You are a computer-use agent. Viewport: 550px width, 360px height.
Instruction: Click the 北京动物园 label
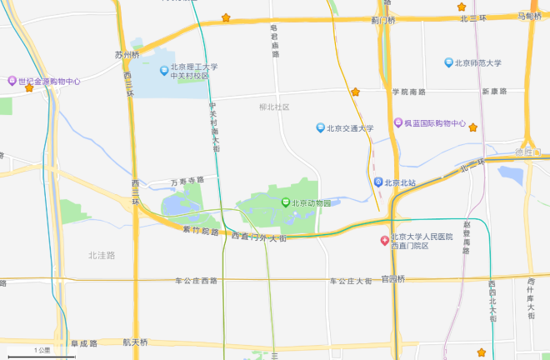click(311, 202)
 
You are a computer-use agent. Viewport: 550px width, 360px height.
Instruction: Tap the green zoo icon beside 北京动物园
click(285, 202)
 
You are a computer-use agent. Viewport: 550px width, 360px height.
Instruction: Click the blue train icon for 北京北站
click(378, 182)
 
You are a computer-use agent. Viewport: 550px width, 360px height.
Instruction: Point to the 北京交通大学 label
click(350, 128)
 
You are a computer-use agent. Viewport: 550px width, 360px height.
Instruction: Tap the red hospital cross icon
click(384, 241)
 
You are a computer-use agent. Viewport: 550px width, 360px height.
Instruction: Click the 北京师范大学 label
click(477, 62)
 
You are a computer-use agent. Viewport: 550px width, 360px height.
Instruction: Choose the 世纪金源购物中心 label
click(49, 81)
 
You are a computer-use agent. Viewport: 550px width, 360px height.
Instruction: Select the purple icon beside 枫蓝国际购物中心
click(399, 123)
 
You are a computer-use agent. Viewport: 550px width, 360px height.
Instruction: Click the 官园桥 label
click(392, 278)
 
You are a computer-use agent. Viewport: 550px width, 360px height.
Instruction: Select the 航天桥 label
click(134, 342)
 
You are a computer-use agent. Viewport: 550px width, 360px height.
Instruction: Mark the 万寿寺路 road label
click(187, 180)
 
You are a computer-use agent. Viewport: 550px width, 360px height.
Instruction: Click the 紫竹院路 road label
click(201, 231)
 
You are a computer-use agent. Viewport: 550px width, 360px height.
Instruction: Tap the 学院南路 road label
click(409, 92)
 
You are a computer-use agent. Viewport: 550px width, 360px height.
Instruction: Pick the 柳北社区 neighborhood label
click(274, 107)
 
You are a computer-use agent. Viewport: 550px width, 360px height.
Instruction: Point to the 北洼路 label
click(102, 254)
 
